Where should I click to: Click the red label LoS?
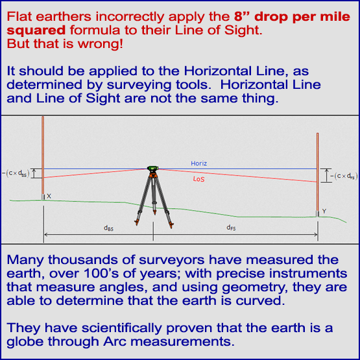click(198, 178)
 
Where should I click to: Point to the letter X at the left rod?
click(49, 196)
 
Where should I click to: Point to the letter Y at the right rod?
click(323, 210)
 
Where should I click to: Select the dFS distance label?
click(231, 227)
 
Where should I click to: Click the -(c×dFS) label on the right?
click(342, 175)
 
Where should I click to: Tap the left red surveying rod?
click(42, 156)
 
